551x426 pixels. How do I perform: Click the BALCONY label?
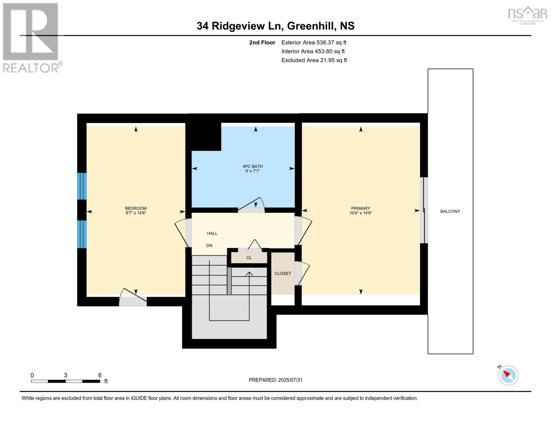click(450, 211)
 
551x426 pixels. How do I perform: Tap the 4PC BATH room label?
click(252, 166)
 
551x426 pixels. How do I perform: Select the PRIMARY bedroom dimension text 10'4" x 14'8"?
click(360, 213)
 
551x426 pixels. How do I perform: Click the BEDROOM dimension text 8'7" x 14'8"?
click(136, 213)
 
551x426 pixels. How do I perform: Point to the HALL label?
click(212, 233)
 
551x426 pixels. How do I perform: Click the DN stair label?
click(209, 245)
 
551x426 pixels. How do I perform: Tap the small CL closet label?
click(249, 258)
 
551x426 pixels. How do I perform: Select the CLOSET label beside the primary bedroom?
click(282, 273)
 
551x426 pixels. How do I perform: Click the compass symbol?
click(508, 375)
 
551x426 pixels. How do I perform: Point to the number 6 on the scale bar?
click(100, 375)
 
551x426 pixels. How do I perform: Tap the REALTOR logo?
click(31, 37)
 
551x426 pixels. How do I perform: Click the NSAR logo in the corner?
click(527, 15)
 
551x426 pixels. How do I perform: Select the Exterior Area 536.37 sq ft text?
click(314, 42)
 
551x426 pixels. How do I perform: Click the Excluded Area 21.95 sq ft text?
click(314, 60)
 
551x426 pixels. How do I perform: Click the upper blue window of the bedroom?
click(82, 186)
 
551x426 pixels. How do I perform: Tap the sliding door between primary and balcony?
click(424, 210)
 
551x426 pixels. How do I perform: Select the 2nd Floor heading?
click(262, 42)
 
